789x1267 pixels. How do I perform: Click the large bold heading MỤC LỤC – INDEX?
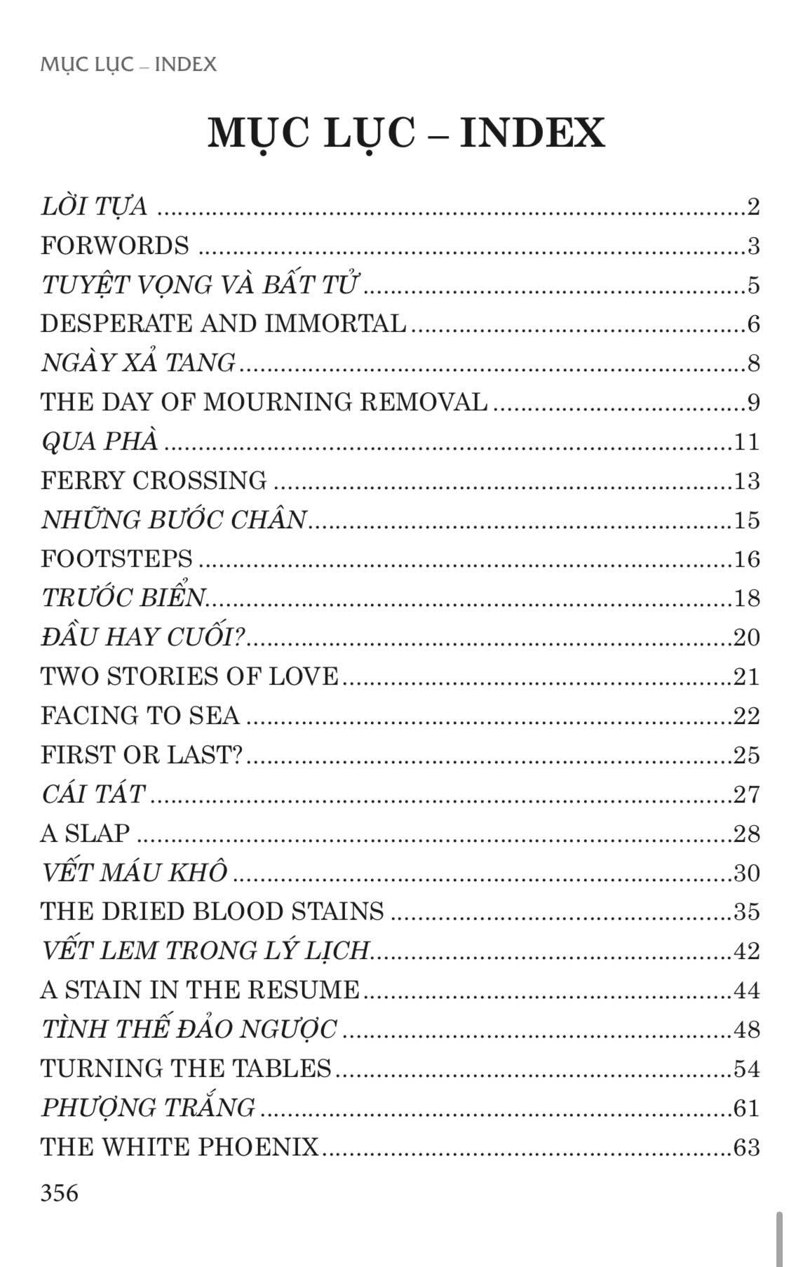click(406, 133)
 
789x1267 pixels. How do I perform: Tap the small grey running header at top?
click(128, 65)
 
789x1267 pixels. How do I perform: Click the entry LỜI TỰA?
click(95, 206)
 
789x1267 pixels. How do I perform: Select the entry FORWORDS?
click(115, 246)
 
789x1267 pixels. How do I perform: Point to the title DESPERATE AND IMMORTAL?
click(224, 323)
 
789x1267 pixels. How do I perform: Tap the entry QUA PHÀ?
click(100, 441)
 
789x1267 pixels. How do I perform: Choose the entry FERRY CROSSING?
click(154, 481)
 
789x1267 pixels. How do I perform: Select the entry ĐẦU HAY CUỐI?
click(143, 637)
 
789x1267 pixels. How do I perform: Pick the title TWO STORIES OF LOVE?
click(190, 676)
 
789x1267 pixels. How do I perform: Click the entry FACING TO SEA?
click(140, 716)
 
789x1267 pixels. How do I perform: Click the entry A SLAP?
click(86, 833)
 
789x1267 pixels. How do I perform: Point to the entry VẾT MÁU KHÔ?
click(135, 872)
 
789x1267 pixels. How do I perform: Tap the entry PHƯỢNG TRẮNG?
click(148, 1108)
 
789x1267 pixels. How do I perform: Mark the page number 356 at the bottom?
click(60, 1193)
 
